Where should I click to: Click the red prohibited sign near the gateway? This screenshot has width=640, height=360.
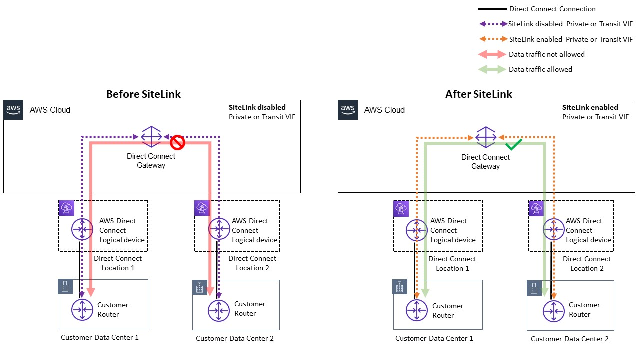[178, 143]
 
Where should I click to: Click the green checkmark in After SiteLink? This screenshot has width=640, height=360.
[513, 145]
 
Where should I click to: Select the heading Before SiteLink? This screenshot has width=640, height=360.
[143, 94]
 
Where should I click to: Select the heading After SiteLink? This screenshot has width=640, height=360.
[479, 94]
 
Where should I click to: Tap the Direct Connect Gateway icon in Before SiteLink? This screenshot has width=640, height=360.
[151, 136]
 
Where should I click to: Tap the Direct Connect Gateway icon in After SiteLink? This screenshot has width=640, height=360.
[485, 137]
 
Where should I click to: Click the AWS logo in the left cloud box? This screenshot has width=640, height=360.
[13, 109]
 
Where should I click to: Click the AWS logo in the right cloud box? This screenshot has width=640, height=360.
[347, 109]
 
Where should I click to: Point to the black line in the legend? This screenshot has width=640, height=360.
[492, 9]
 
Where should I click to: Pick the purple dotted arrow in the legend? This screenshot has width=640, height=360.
[492, 24]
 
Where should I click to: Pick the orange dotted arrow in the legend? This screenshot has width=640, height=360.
[492, 39]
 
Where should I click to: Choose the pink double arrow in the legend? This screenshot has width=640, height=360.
[492, 54]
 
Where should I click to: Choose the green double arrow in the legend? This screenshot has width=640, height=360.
[492, 69]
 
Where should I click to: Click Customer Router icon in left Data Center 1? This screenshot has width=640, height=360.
[82, 310]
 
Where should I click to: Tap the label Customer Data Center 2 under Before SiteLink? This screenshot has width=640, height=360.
[234, 338]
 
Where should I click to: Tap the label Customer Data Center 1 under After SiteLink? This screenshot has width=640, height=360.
[434, 338]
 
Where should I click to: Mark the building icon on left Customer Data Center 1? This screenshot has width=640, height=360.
[65, 286]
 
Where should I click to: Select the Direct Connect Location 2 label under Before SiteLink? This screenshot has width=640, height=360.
[252, 263]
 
